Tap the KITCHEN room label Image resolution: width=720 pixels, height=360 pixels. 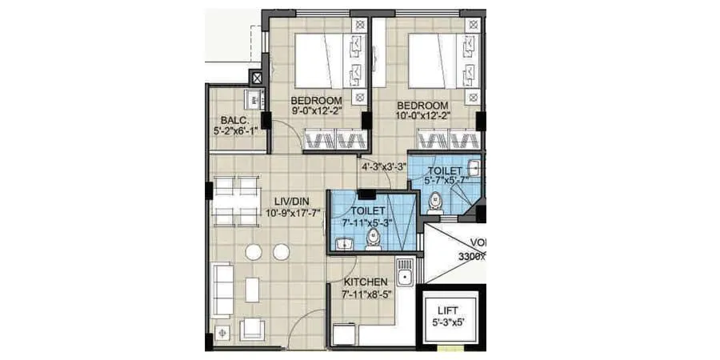click(x=366, y=282)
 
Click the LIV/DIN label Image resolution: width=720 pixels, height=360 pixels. click(x=294, y=201)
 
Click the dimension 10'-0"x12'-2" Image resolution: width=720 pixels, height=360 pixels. click(x=423, y=115)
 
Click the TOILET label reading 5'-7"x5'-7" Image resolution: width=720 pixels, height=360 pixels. click(x=443, y=171)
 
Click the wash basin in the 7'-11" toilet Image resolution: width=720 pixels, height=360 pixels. click(x=345, y=244)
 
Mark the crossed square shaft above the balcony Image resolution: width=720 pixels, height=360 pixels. click(x=257, y=78)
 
